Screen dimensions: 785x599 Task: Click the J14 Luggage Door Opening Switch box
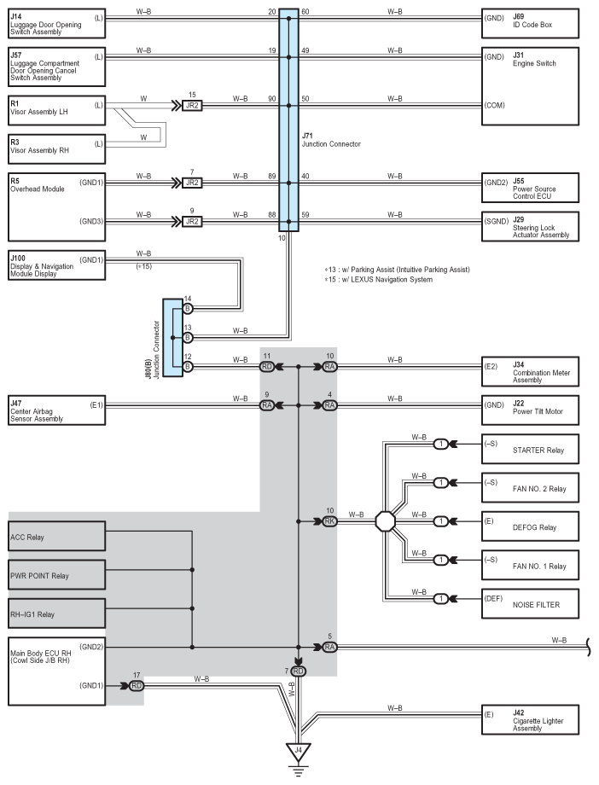[x=56, y=22]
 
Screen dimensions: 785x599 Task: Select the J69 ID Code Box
[x=529, y=22]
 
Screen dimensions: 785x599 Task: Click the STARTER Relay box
[x=529, y=449]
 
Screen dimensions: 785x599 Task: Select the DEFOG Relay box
[x=529, y=527]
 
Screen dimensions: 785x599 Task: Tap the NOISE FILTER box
[x=529, y=604]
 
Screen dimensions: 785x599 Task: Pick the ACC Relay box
[x=56, y=538]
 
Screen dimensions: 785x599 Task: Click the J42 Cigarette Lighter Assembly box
[x=529, y=719]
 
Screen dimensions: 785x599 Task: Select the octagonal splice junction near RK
[x=386, y=520]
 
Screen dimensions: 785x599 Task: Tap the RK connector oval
[x=329, y=520]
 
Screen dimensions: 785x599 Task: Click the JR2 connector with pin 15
[x=192, y=106]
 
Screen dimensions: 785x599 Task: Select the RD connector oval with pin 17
[x=137, y=685]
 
